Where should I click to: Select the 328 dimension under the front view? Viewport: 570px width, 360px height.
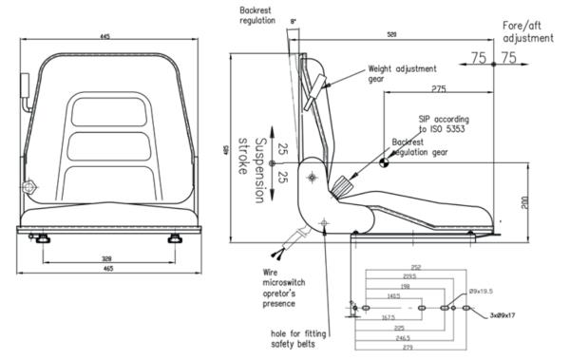click(x=109, y=257)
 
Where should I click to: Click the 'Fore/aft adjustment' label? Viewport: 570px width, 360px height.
click(x=527, y=32)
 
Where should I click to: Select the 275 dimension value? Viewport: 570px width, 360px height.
click(x=439, y=88)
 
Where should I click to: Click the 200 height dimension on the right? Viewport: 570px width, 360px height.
click(x=523, y=201)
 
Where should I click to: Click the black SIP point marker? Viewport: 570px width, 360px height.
click(x=385, y=162)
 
